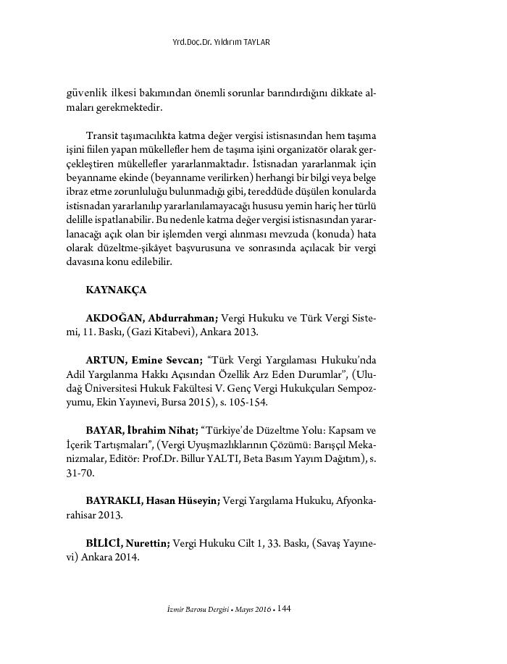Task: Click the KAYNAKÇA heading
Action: [x=116, y=290]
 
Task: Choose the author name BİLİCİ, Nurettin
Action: [x=127, y=543]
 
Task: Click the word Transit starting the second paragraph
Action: [x=100, y=135]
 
